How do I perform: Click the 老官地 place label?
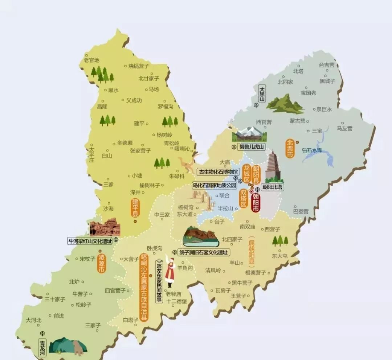91,60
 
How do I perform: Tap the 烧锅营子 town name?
139,66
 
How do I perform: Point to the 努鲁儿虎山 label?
252,147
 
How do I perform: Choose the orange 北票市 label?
290,149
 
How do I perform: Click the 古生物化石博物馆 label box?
218,171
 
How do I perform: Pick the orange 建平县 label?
135,208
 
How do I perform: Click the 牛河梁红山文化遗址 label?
90,240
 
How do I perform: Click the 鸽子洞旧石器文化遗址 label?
204,252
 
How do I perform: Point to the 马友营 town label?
344,128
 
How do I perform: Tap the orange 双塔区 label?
243,199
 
